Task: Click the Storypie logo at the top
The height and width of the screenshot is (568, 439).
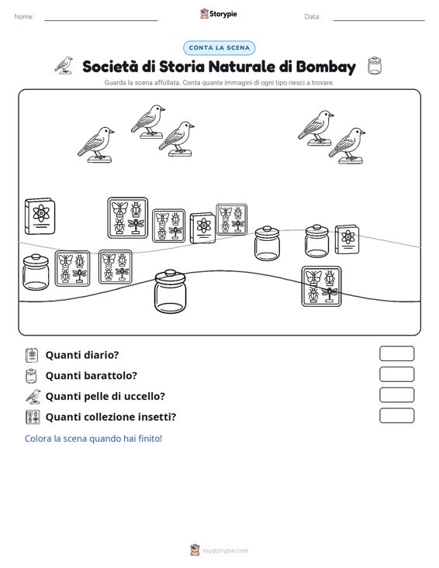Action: click(x=219, y=14)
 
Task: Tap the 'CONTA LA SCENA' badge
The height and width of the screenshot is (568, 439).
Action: click(x=219, y=48)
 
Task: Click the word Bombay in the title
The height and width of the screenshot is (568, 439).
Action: click(x=326, y=67)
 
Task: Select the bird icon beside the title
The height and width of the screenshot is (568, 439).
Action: click(x=64, y=66)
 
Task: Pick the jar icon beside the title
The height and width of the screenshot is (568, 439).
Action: click(x=375, y=66)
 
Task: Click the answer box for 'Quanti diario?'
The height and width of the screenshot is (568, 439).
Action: click(x=396, y=353)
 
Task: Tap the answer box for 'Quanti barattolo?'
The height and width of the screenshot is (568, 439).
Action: click(x=396, y=374)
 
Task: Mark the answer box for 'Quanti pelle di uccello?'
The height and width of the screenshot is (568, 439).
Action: click(x=396, y=395)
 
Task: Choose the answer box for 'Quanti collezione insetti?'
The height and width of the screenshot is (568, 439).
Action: click(x=396, y=415)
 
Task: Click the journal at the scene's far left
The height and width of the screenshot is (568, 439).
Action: click(x=40, y=216)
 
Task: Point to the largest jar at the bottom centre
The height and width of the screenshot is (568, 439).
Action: click(x=170, y=291)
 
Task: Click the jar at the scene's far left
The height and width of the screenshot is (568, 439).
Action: click(x=36, y=272)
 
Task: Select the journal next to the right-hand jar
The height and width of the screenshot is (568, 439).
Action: click(x=347, y=239)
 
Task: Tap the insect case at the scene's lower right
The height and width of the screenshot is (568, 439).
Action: click(x=322, y=286)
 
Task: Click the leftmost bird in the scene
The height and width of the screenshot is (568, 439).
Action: click(x=95, y=145)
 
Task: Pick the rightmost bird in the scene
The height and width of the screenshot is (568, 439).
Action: click(x=347, y=146)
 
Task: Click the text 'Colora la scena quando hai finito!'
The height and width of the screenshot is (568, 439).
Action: click(x=93, y=439)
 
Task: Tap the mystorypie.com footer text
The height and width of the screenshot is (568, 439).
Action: click(x=225, y=551)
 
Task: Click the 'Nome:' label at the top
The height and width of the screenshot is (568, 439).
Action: click(x=24, y=17)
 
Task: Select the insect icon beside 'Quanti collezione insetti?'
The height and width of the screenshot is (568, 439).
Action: click(x=33, y=417)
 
